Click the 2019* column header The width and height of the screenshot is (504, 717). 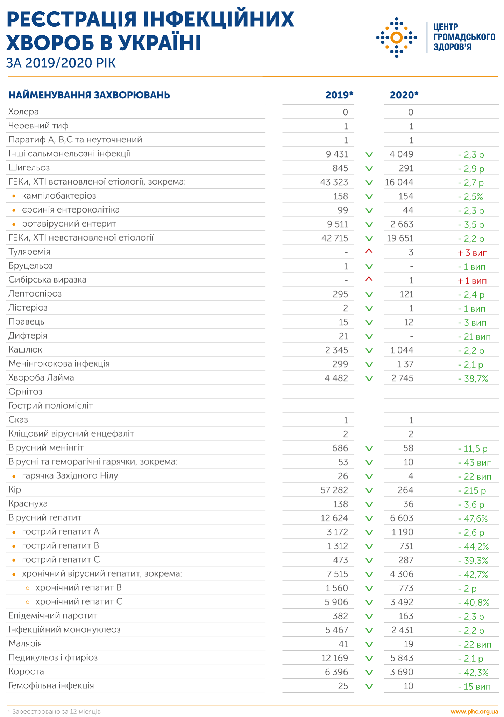[x=339, y=95]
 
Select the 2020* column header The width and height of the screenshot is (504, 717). [x=404, y=95]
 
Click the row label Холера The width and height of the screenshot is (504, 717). [x=23, y=112]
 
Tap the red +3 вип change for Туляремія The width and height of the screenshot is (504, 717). [x=472, y=252]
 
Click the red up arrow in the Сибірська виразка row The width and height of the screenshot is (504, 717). [x=369, y=279]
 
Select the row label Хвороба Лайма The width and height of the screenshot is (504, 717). [x=41, y=377]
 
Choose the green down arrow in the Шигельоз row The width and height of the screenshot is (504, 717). [x=369, y=168]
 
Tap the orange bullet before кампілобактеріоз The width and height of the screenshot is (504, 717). [x=14, y=196]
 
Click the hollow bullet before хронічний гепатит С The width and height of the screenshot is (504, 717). [x=28, y=602]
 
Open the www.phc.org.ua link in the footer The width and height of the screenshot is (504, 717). [x=474, y=711]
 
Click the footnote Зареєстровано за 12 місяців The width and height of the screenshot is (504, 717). [x=56, y=711]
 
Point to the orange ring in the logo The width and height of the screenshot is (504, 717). [x=396, y=37]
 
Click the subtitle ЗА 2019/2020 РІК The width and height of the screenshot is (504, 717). [x=61, y=63]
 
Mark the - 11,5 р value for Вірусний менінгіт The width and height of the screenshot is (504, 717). [x=473, y=448]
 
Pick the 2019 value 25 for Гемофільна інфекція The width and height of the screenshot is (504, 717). [x=343, y=686]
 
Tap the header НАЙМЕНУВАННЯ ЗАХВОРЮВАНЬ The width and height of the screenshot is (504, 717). [x=89, y=95]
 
